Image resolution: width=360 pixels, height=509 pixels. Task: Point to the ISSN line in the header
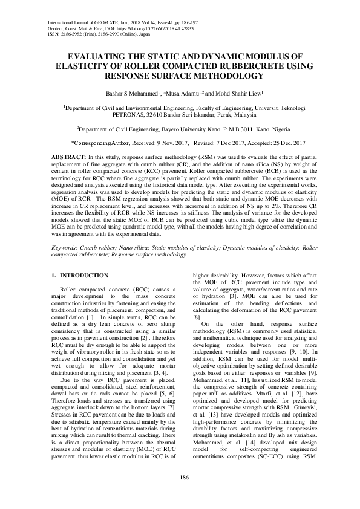97,35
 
